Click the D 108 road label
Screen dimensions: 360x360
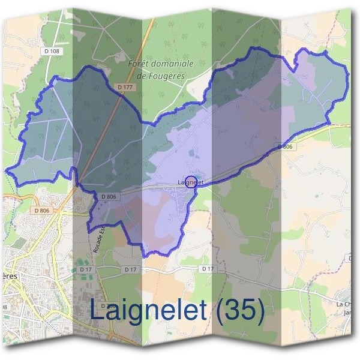(52, 52)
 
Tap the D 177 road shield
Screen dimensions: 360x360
(125, 87)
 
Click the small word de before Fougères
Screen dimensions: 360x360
(142, 76)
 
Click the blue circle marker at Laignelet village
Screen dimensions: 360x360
(191, 182)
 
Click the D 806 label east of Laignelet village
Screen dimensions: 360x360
(285, 146)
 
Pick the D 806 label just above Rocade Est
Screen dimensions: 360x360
(109, 196)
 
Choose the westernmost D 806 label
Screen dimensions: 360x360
(41, 210)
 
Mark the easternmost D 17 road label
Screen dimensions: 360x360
(208, 268)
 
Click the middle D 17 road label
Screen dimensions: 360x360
(131, 269)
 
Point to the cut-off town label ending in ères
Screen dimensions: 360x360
(8, 275)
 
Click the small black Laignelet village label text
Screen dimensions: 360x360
(191, 182)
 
